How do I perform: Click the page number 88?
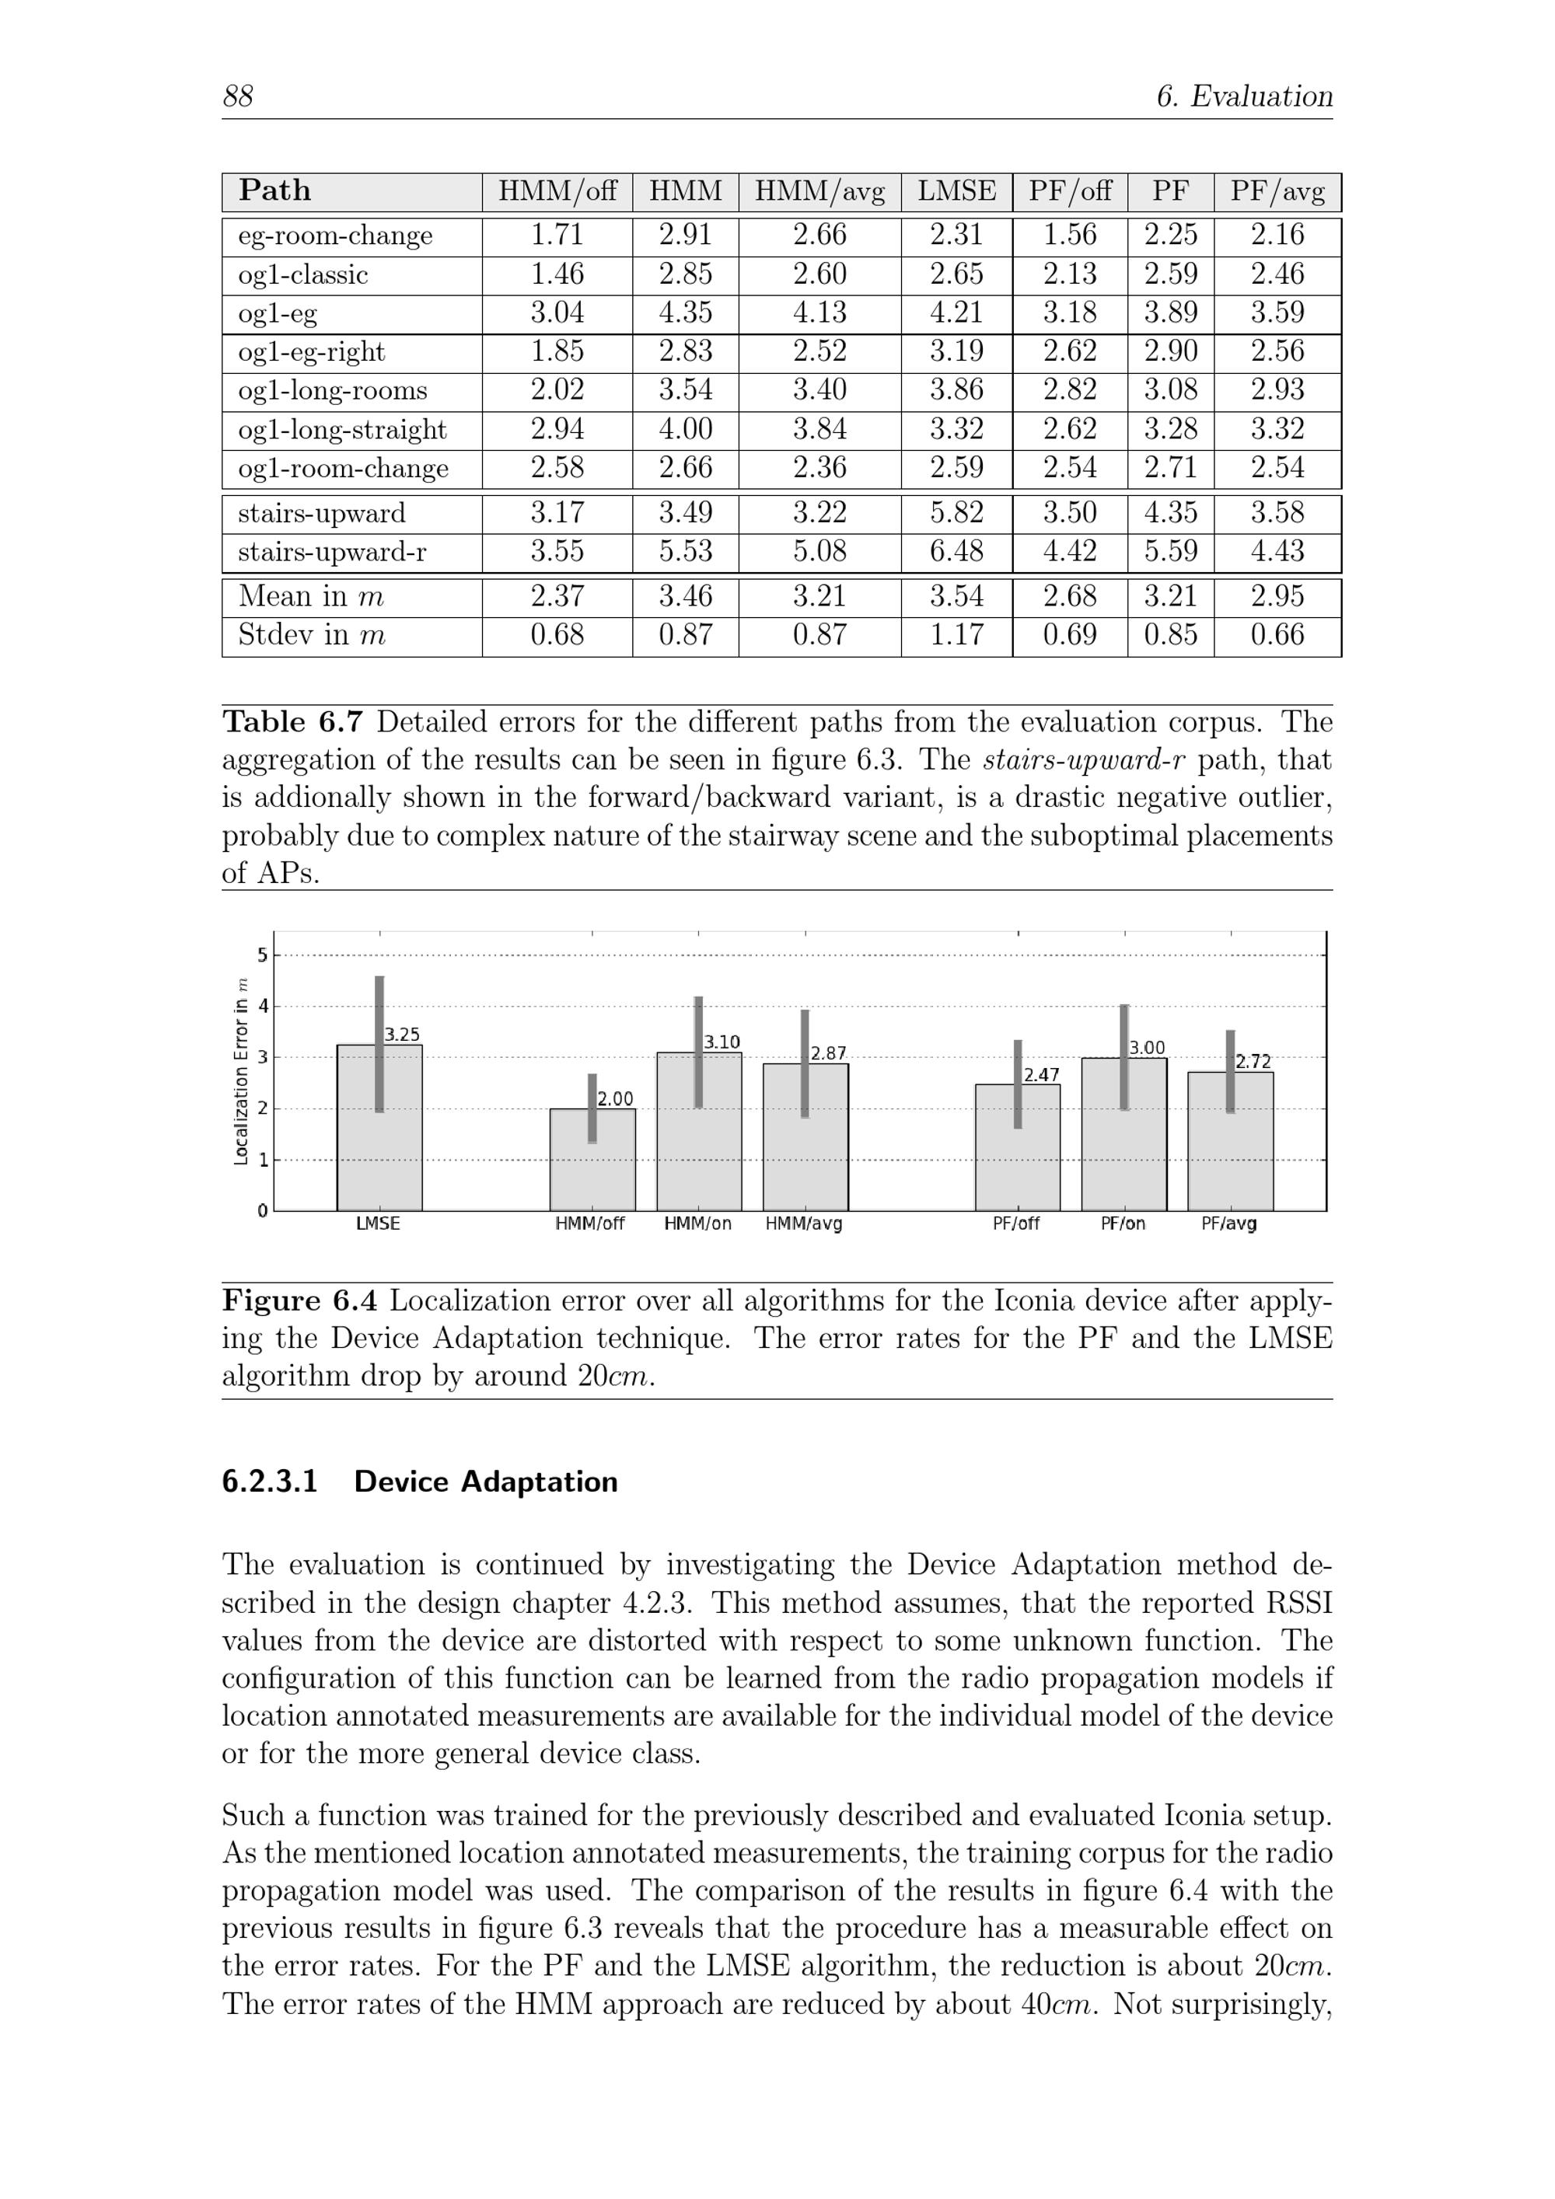(x=238, y=96)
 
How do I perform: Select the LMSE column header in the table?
(x=956, y=191)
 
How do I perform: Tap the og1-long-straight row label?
(x=342, y=430)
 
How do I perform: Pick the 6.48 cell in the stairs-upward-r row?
(x=956, y=552)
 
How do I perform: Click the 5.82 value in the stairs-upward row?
(x=956, y=513)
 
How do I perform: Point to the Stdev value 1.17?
(x=956, y=635)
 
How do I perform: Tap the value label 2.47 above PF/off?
(x=1041, y=1076)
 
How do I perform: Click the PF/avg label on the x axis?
(x=1229, y=1224)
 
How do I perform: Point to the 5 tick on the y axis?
(x=261, y=955)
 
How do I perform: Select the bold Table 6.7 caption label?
(x=292, y=722)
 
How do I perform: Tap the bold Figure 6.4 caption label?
(x=300, y=1300)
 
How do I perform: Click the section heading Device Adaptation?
(x=485, y=1482)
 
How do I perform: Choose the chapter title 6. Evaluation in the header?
(x=1244, y=96)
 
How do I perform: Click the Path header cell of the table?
(x=275, y=191)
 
